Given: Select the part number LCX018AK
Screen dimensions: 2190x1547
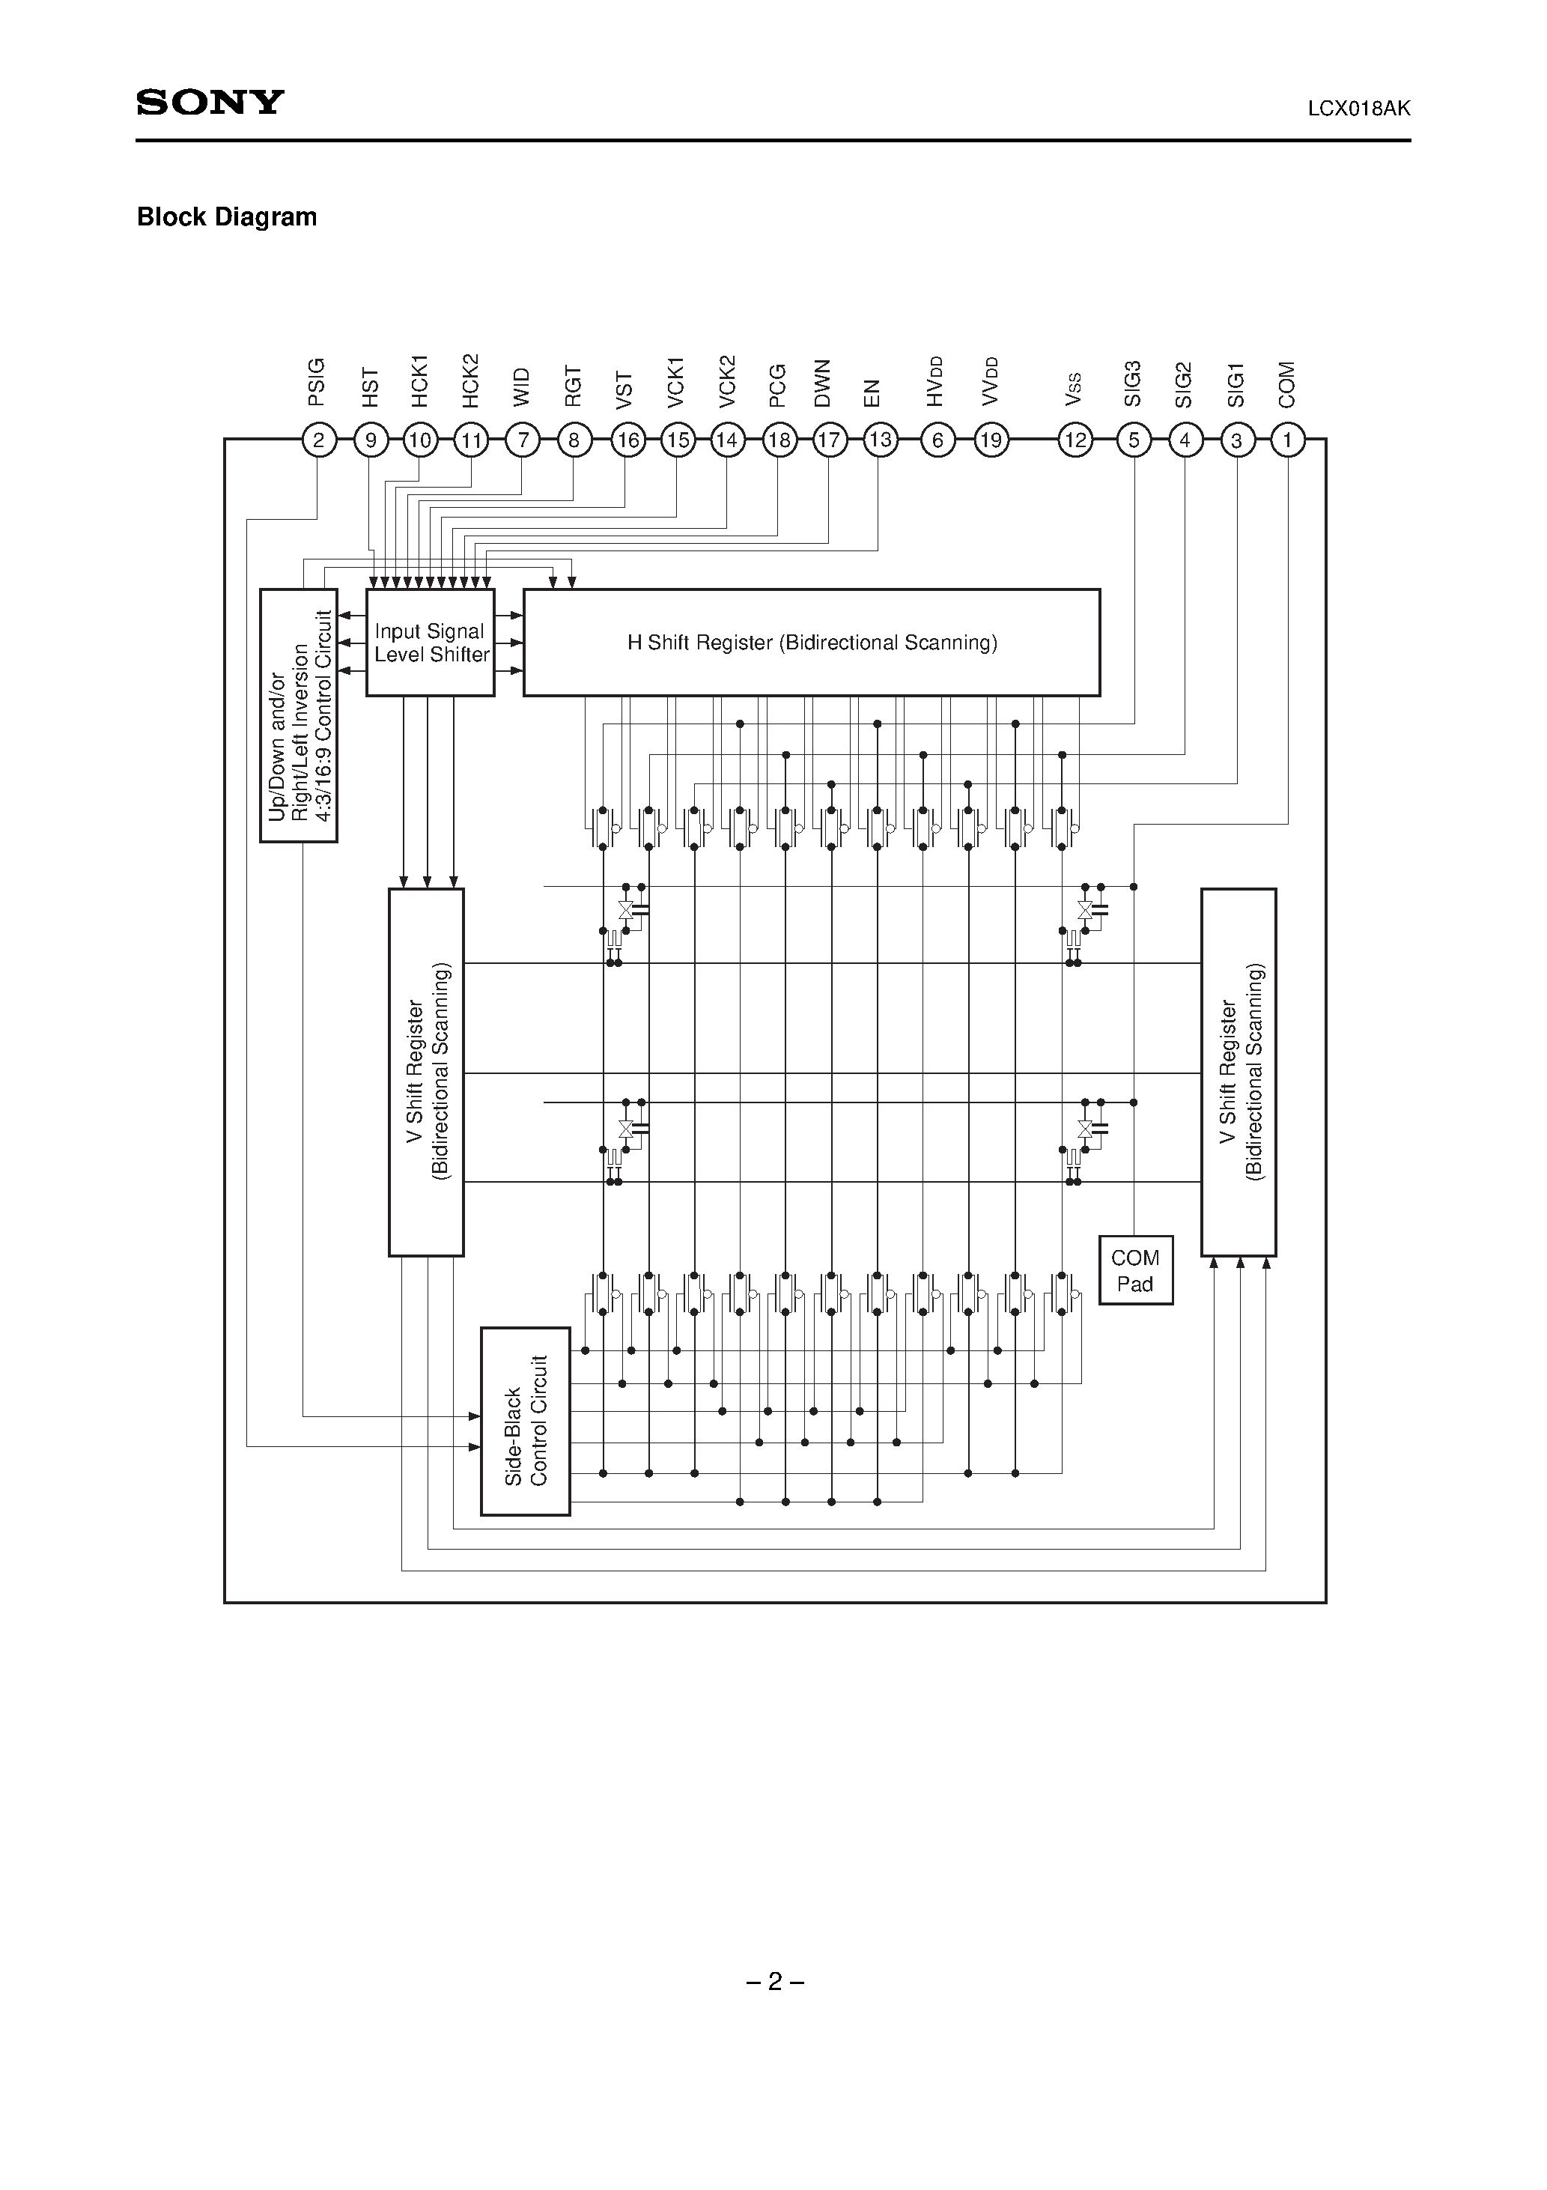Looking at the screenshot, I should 1358,109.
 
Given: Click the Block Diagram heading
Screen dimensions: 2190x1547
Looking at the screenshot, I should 227,217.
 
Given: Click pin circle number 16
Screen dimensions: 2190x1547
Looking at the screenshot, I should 627,440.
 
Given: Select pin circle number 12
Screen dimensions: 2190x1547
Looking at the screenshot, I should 1075,440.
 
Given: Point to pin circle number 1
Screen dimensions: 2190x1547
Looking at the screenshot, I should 1288,440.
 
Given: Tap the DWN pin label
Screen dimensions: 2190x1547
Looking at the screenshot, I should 823,383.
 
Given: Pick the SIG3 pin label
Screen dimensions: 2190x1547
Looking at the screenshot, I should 1133,384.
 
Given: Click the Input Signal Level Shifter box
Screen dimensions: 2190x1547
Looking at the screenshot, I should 430,643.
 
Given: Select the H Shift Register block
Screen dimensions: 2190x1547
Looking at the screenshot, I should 812,643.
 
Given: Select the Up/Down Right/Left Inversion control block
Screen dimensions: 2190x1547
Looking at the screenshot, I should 299,715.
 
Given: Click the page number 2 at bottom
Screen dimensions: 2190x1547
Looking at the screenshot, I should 774,1981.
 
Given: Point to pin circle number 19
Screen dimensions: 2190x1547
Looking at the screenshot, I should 991,440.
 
